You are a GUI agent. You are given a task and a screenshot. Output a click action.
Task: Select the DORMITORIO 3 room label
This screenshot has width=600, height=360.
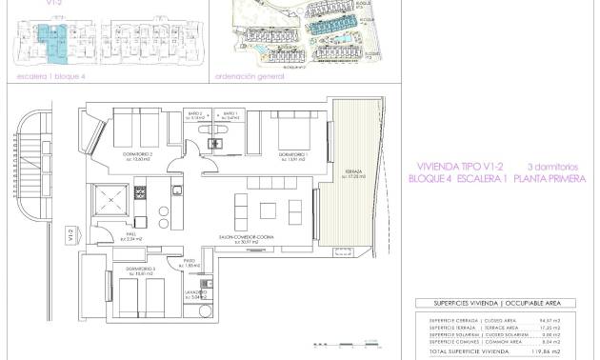[x=139, y=301]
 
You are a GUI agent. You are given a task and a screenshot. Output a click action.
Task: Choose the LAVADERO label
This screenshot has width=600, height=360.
[x=198, y=295]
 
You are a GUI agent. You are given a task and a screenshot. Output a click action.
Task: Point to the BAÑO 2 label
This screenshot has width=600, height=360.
[x=195, y=115]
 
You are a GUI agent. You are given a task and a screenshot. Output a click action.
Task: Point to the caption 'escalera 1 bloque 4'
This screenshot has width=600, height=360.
[x=45, y=74]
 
